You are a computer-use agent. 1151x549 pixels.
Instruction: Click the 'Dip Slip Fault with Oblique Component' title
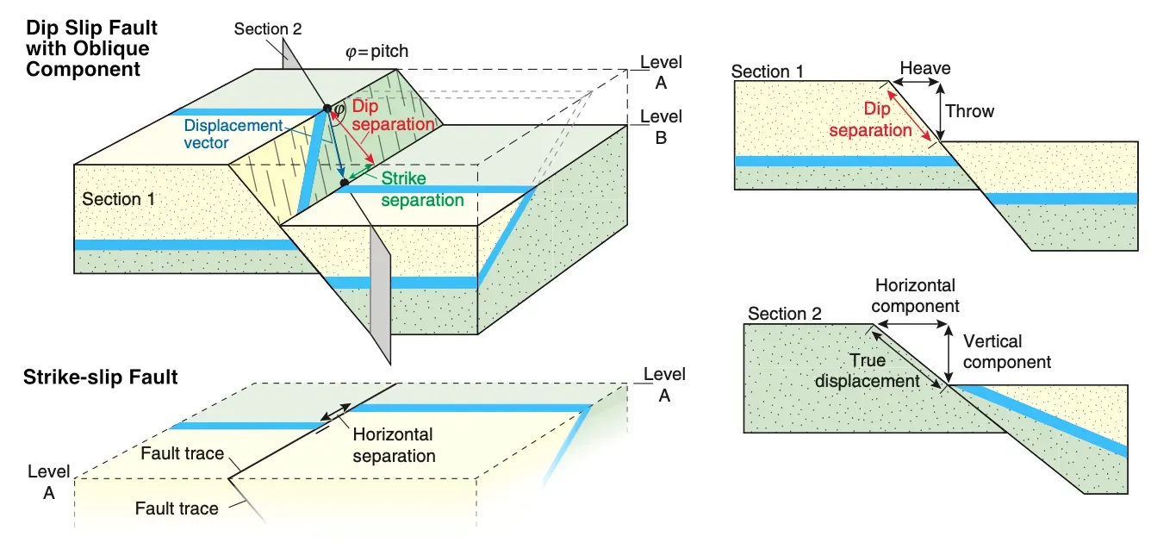pyautogui.click(x=92, y=48)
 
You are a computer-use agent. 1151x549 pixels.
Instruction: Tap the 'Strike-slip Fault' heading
pyautogui.click(x=102, y=377)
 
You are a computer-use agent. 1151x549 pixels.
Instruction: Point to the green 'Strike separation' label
pyautogui.click(x=422, y=190)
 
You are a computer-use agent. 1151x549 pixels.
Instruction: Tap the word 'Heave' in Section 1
pyautogui.click(x=924, y=67)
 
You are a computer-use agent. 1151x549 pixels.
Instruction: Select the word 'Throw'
pyautogui.click(x=969, y=111)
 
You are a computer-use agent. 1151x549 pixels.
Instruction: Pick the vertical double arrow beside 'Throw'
pyautogui.click(x=940, y=111)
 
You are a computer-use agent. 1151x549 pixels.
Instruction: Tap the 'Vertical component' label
pyautogui.click(x=1006, y=351)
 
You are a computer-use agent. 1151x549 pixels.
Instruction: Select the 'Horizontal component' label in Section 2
pyautogui.click(x=916, y=295)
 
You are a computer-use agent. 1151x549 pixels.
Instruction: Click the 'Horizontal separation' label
pyautogui.click(x=393, y=445)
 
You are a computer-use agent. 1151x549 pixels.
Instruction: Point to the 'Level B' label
pyautogui.click(x=661, y=126)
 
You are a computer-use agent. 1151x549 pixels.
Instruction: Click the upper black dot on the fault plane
pyautogui.click(x=327, y=109)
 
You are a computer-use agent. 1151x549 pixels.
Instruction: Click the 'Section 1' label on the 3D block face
pyautogui.click(x=119, y=199)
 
